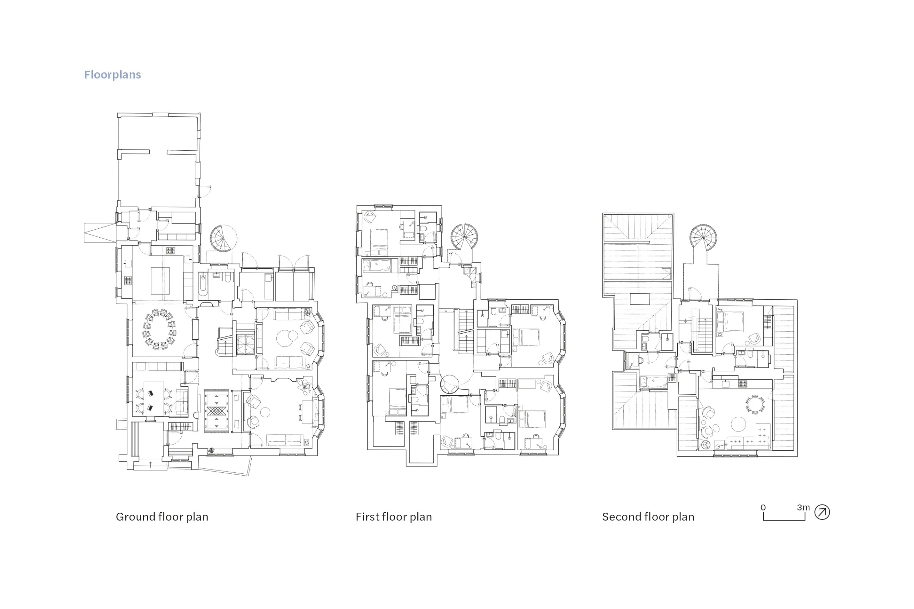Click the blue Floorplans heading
point(112,75)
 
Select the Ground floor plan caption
point(162,517)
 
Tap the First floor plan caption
point(394,517)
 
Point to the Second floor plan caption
point(648,517)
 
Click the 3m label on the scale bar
point(803,507)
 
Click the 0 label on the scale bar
point(763,508)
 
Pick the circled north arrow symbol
point(822,512)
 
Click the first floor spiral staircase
point(464,237)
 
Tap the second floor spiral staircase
point(703,237)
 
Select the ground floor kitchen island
point(160,281)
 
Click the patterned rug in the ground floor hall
point(216,411)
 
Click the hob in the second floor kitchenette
point(743,384)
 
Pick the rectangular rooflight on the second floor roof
point(640,299)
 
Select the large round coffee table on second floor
point(738,425)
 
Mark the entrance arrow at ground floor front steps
point(150,465)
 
